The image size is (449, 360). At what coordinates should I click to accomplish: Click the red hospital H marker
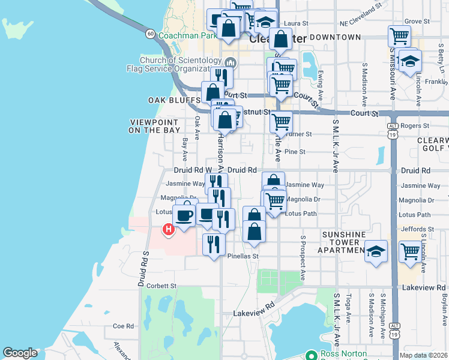(169, 229)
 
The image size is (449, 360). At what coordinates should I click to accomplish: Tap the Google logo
(20, 353)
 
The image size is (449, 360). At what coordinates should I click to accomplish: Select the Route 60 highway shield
(150, 34)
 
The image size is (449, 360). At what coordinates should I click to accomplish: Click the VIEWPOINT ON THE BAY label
(155, 126)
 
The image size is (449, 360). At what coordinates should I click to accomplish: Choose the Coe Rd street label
(122, 326)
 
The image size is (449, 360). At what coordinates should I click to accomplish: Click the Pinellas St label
(243, 256)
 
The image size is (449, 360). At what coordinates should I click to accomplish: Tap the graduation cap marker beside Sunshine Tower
(376, 251)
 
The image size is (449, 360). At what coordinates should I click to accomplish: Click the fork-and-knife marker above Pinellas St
(213, 244)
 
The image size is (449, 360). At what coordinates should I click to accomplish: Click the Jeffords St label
(417, 229)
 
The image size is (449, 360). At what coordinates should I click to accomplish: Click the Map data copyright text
(424, 355)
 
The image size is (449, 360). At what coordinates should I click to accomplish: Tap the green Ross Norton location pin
(310, 355)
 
